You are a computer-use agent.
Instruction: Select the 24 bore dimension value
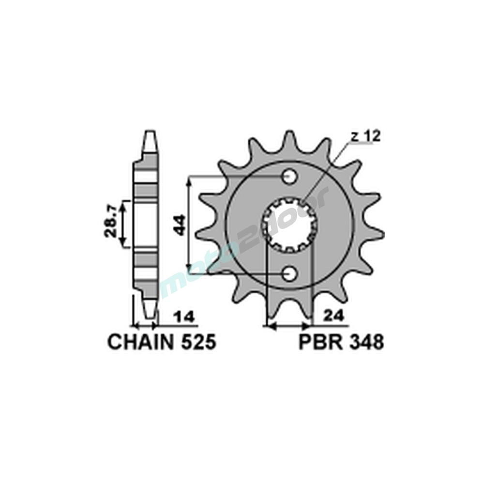334,317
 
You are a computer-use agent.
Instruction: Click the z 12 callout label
366,137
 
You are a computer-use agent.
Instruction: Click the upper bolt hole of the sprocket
289,177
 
